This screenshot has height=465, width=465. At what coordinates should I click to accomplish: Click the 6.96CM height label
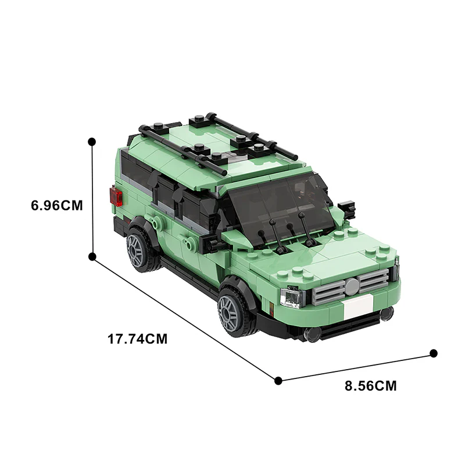[x=57, y=205]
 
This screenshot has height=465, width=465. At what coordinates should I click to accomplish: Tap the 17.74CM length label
[x=138, y=339]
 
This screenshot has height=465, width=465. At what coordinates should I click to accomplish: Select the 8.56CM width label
[x=370, y=386]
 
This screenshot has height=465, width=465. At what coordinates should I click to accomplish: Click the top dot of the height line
[x=92, y=142]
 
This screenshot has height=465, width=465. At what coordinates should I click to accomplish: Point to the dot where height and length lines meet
[x=92, y=256]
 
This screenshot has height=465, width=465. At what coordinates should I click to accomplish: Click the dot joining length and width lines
[x=278, y=381]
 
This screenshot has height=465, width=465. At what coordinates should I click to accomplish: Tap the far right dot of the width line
[x=433, y=353]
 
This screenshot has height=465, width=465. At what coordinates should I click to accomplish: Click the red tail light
[x=116, y=196]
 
